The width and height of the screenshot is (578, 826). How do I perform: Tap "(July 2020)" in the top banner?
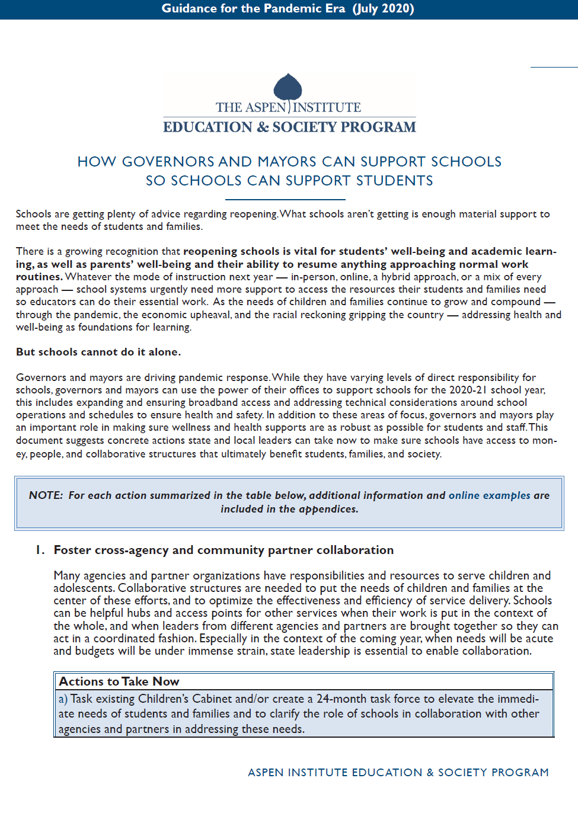pyautogui.click(x=383, y=8)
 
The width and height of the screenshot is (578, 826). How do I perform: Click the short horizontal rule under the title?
pyautogui.click(x=285, y=200)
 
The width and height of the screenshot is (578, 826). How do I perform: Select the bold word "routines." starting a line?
pyautogui.click(x=39, y=277)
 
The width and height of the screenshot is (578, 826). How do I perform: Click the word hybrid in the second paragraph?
pyautogui.click(x=396, y=277)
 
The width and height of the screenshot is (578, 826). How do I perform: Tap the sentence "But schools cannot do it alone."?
pyautogui.click(x=98, y=352)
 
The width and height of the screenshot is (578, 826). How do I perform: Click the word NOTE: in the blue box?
pyautogui.click(x=46, y=495)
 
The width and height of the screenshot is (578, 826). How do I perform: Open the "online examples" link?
pyautogui.click(x=489, y=495)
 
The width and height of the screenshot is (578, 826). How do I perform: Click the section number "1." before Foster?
pyautogui.click(x=40, y=550)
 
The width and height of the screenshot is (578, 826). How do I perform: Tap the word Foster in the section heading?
pyautogui.click(x=72, y=550)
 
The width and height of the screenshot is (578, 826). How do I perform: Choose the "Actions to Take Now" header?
pyautogui.click(x=119, y=681)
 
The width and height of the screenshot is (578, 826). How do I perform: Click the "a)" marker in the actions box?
pyautogui.click(x=63, y=699)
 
